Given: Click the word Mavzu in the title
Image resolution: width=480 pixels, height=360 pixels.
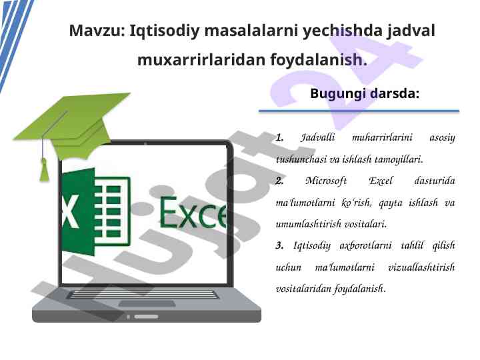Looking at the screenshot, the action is (97, 31).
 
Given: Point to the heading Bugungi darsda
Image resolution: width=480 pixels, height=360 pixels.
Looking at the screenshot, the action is (365, 93).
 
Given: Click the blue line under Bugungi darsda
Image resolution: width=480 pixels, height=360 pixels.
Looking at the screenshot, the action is (359, 111).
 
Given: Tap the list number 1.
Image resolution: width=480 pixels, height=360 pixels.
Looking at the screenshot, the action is (279, 137).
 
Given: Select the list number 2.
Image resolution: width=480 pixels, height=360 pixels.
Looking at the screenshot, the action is (279, 181).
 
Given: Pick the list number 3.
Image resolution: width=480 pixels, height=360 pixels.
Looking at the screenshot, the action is (279, 245).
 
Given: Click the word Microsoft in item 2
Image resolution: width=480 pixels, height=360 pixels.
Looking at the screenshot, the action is (326, 181).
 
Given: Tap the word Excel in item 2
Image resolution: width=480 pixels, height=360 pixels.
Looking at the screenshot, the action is (381, 181).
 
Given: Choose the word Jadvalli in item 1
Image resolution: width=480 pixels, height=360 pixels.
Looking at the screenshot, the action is (318, 137).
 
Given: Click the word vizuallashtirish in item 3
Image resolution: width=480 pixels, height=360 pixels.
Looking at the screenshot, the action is (421, 267).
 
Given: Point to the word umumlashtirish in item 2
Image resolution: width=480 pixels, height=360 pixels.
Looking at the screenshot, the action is (308, 224).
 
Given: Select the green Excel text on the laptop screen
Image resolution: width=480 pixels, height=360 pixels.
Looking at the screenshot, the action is (193, 213).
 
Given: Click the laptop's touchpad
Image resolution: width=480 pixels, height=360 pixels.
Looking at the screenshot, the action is (147, 304).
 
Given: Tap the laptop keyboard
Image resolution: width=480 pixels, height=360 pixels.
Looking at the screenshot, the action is (143, 295).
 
